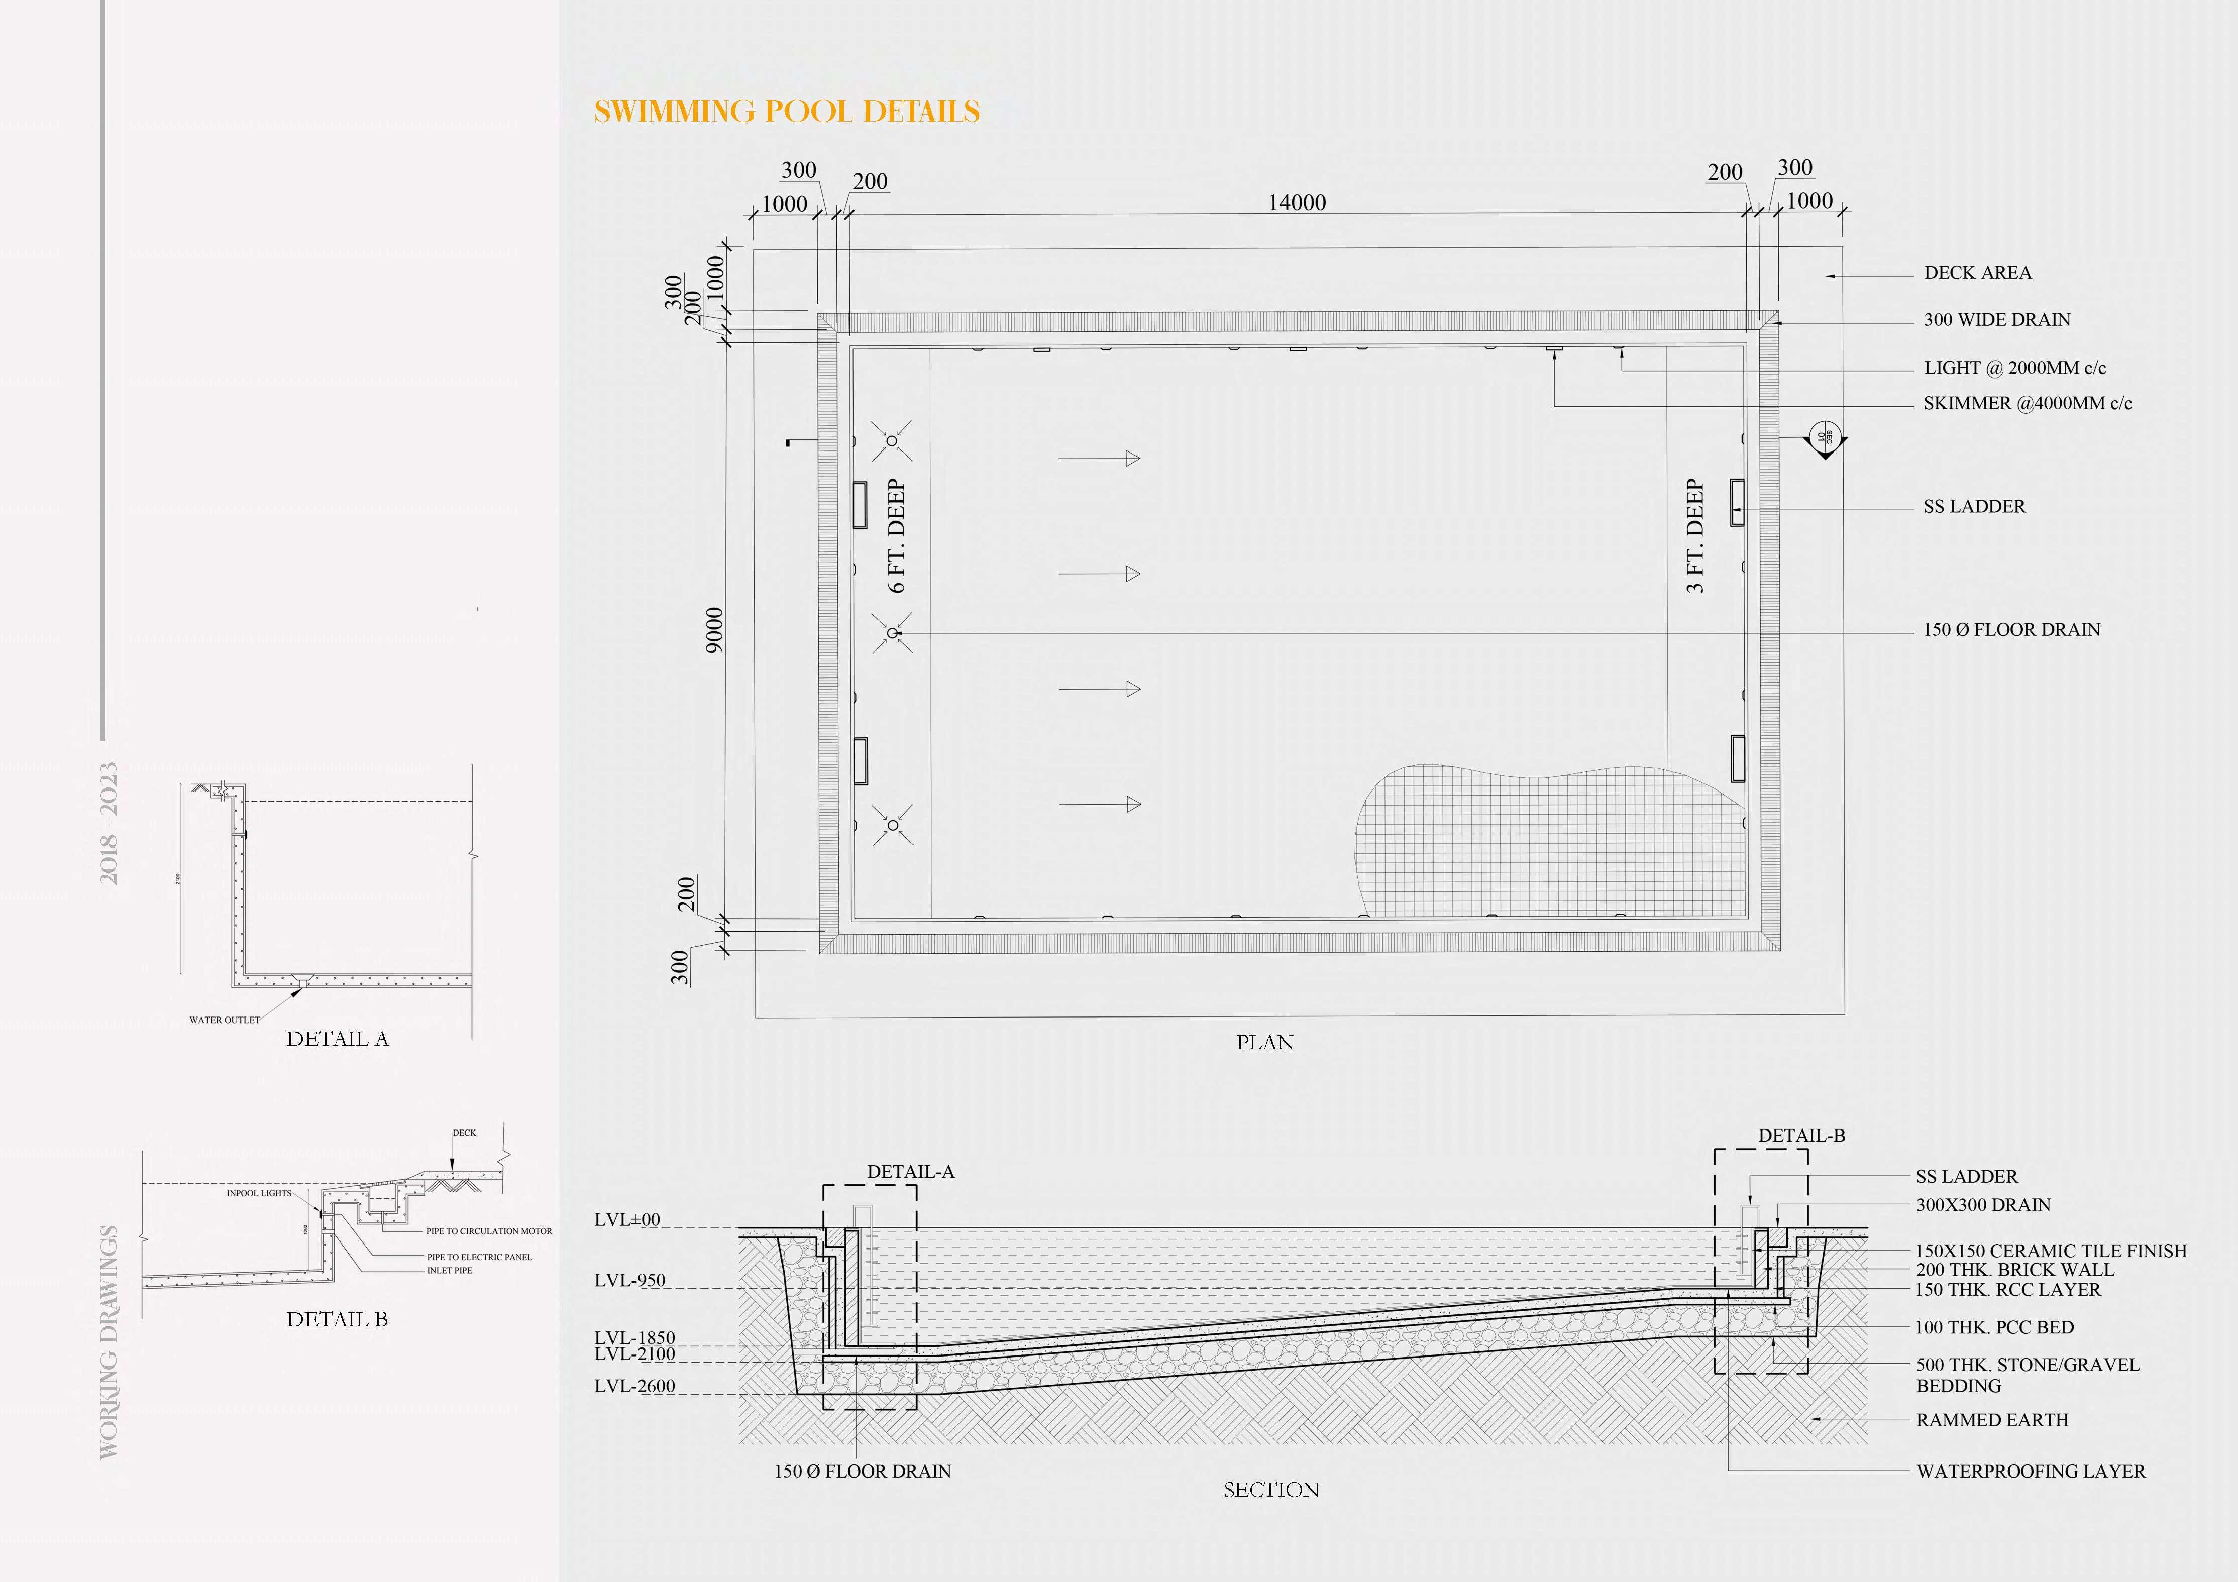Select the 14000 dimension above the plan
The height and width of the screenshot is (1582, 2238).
tap(1297, 203)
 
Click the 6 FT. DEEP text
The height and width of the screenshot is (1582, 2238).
tap(897, 535)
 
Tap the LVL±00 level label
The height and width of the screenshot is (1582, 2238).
tap(627, 1219)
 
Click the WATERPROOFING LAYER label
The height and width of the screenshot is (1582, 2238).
tap(2031, 1471)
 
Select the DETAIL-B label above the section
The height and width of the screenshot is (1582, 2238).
tap(1801, 1136)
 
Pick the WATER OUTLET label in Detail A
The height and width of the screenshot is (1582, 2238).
tap(224, 1020)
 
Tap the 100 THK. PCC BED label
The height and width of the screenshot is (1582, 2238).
tap(1994, 1327)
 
